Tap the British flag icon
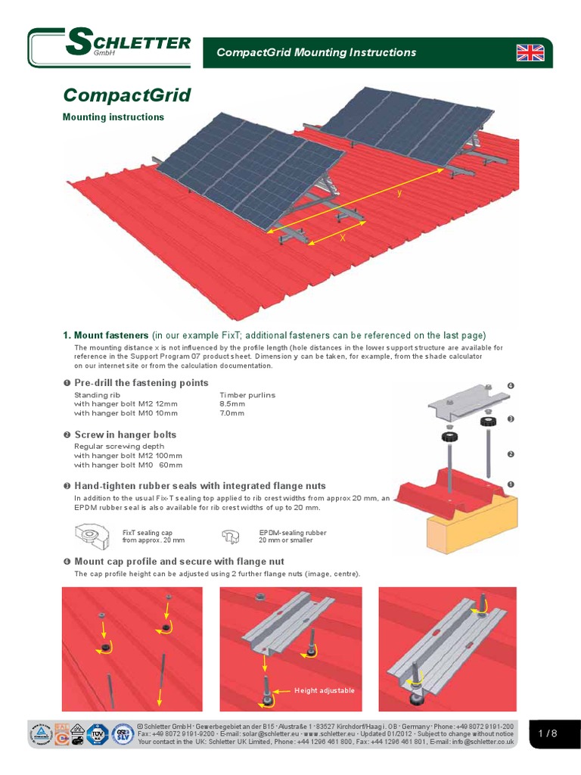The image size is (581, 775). coord(530,52)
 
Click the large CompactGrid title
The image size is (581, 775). coord(126,95)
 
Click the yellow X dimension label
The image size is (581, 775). coord(342,238)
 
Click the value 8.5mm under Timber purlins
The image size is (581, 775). coord(232,404)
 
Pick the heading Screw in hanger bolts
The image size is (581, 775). coord(125,434)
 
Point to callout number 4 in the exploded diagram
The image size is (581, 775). coord(511,387)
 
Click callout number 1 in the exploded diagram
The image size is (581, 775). coord(511,483)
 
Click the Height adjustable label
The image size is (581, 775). coord(325,691)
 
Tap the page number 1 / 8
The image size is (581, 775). coord(548,733)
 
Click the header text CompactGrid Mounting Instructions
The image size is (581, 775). coord(316,52)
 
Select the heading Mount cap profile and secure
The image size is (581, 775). coord(179,562)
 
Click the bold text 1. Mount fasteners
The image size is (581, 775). coord(105,335)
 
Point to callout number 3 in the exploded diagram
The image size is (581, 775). coord(511,419)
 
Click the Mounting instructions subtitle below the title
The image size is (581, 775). coord(113,117)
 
